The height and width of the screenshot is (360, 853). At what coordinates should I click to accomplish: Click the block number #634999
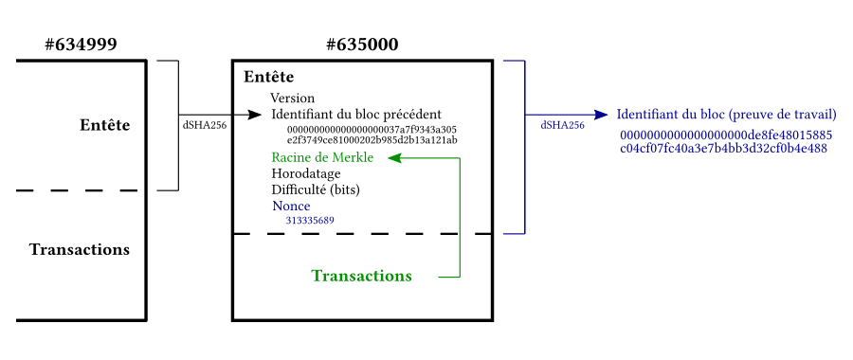[x=81, y=44]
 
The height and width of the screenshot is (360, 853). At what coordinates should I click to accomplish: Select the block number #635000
[x=362, y=44]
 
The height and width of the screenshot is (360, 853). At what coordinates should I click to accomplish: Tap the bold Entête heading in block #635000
[x=269, y=77]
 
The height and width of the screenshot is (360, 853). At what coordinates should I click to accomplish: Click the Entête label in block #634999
[x=105, y=125]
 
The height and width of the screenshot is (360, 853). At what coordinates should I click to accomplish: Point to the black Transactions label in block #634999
[x=80, y=249]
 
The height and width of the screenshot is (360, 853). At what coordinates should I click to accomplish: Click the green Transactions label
[x=361, y=276]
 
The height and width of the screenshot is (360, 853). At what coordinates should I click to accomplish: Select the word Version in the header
[x=292, y=99]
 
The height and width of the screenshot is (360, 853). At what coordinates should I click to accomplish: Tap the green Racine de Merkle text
[x=322, y=157]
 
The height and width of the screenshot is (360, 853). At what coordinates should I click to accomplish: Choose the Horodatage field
[x=306, y=174]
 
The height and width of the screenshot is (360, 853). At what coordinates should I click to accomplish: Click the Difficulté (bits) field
[x=316, y=189]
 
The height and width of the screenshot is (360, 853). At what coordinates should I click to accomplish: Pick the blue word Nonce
[x=291, y=206]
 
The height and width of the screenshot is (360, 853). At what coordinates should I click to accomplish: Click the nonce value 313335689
[x=310, y=220]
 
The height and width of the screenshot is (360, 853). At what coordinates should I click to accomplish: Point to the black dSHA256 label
[x=205, y=125]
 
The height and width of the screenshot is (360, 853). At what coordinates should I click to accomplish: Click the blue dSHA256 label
[x=562, y=125]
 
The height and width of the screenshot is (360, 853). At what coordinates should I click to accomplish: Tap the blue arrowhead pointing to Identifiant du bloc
[x=601, y=114]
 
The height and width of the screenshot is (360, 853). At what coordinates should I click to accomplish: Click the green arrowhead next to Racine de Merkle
[x=395, y=157]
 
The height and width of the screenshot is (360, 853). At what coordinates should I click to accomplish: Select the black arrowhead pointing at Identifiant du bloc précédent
[x=255, y=114]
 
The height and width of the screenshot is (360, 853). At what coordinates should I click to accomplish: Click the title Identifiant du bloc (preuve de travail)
[x=726, y=114]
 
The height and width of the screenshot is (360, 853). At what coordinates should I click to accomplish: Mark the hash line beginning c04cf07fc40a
[x=724, y=148]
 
